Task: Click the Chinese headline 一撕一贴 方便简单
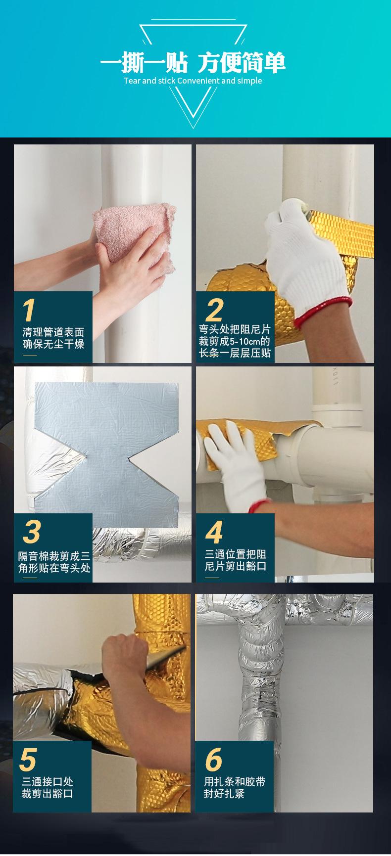pyautogui.click(x=193, y=63)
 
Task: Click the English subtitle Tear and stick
pyautogui.click(x=147, y=81)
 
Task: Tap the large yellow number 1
pyautogui.click(x=29, y=310)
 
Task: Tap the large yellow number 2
pyautogui.click(x=214, y=310)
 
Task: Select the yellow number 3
pyautogui.click(x=32, y=532)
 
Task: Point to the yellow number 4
pyautogui.click(x=214, y=532)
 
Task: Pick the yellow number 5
pyautogui.click(x=29, y=760)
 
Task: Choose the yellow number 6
pyautogui.click(x=213, y=760)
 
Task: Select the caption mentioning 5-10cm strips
pyautogui.click(x=235, y=341)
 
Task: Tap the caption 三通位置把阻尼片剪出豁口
pyautogui.click(x=236, y=559)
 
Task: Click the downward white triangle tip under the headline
pyautogui.click(x=193, y=128)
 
